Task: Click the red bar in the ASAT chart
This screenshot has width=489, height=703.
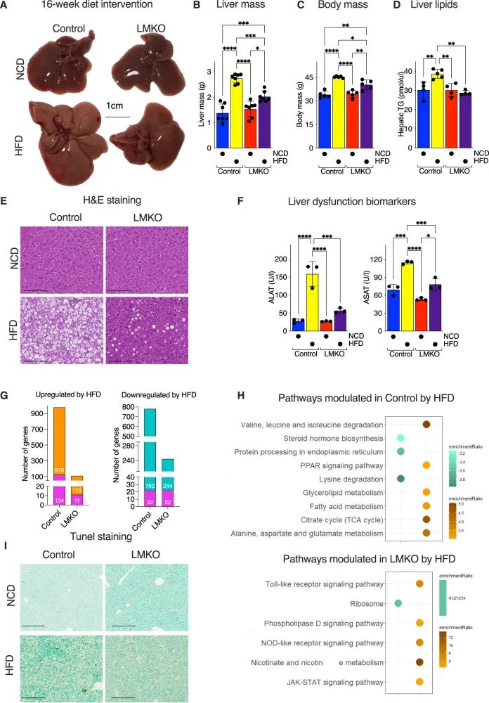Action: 422,310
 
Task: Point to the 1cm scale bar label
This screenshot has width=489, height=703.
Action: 116,105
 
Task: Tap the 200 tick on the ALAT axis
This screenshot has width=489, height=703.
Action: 282,259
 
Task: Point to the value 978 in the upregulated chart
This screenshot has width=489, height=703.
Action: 60,468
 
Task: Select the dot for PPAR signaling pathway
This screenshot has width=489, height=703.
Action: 426,465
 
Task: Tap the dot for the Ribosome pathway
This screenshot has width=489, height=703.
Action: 398,602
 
